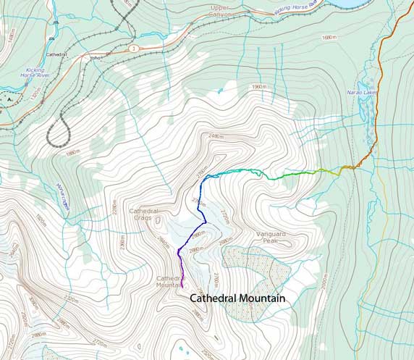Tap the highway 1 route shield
133,49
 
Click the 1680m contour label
330,36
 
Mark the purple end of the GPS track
183,288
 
